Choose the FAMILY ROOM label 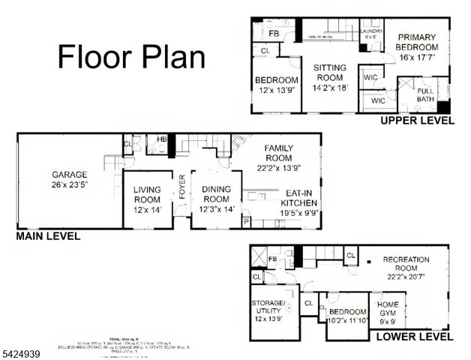click(x=277, y=153)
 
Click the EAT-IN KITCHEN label click(x=299, y=202)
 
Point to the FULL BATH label click(x=425, y=94)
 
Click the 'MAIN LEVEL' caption click(x=48, y=235)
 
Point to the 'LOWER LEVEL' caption click(x=414, y=337)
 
